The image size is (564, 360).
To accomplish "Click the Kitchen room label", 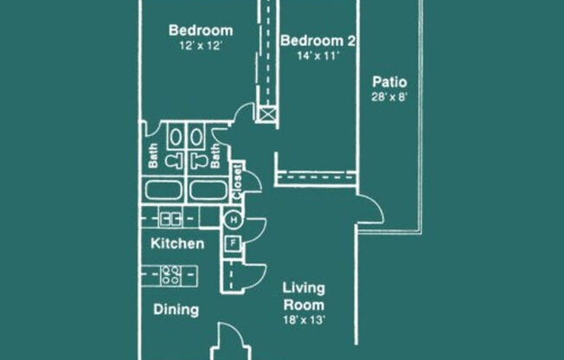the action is [x=177, y=244].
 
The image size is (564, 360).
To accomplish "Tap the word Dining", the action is [x=176, y=310].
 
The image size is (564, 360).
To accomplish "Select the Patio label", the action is [x=389, y=82].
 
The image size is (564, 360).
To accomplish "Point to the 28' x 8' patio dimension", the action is [x=389, y=97].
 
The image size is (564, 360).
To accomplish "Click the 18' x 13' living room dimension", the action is [x=304, y=320].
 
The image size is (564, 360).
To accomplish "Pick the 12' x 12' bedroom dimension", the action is [x=201, y=46].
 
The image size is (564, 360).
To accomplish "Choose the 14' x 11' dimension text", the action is [x=318, y=55].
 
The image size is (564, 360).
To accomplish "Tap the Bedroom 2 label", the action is [x=318, y=41].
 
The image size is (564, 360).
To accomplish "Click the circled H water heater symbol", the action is [x=234, y=220].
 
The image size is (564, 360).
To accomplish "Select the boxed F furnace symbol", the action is [x=233, y=243].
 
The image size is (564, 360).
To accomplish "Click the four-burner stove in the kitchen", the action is [x=170, y=275].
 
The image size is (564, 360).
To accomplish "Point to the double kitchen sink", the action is [x=170, y=218].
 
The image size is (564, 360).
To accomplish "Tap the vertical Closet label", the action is [x=237, y=182].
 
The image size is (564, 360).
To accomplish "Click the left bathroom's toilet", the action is [x=176, y=161].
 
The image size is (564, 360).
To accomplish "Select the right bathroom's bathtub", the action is [x=208, y=190].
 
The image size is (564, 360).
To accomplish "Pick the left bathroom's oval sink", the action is [x=176, y=137].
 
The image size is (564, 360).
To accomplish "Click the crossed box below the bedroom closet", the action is [x=267, y=114].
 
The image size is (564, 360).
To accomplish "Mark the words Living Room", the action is [x=304, y=297].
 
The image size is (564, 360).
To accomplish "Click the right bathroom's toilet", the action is [x=199, y=161].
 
